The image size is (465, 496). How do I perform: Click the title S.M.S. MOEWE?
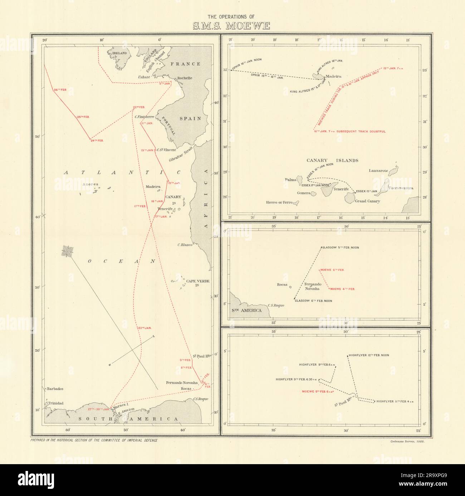[x=232, y=26]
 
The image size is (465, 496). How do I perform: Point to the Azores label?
[x=90, y=185]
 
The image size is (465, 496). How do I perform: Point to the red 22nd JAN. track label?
[x=145, y=328]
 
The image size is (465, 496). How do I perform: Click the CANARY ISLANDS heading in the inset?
[x=332, y=160]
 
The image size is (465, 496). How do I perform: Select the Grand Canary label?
[x=367, y=201]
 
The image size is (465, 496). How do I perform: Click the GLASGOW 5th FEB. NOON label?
[x=341, y=248]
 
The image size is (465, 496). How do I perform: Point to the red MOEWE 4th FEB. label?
[x=343, y=289]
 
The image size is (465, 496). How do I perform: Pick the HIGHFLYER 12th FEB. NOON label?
[x=368, y=355]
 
